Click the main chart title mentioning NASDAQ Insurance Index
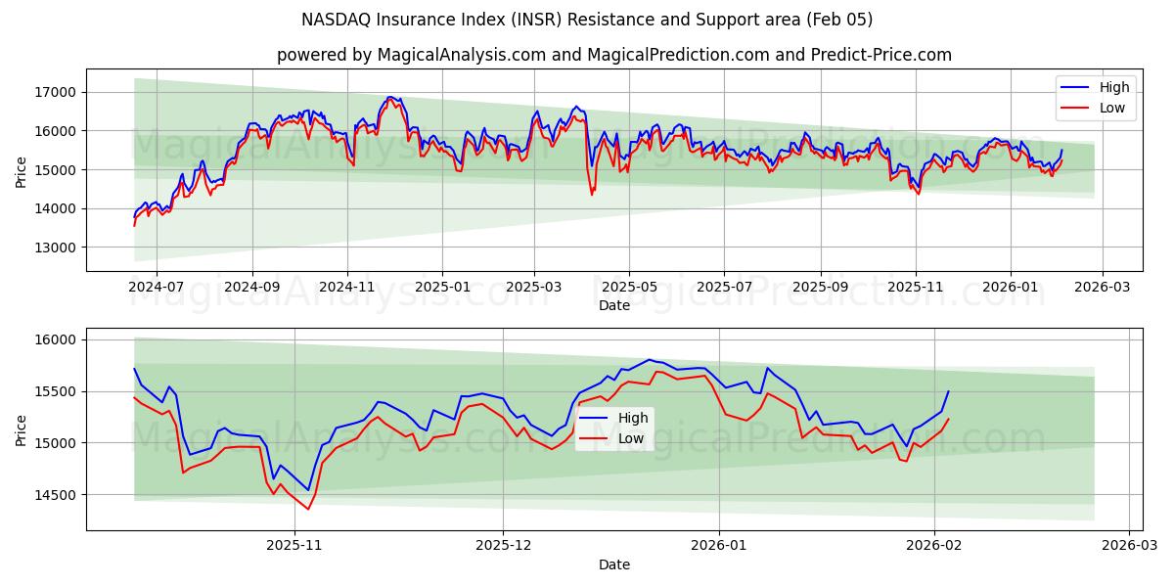point(587,20)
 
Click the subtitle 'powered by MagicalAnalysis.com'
point(613,55)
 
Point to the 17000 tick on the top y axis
point(57,92)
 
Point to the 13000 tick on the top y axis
point(57,248)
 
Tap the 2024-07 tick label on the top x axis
point(157,288)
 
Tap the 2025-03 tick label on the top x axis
point(534,288)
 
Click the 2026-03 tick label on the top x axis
point(1103,288)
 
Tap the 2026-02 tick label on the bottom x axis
point(934,546)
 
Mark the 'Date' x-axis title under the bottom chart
point(613,564)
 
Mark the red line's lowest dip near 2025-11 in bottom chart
point(308,509)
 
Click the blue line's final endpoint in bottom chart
point(948,391)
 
